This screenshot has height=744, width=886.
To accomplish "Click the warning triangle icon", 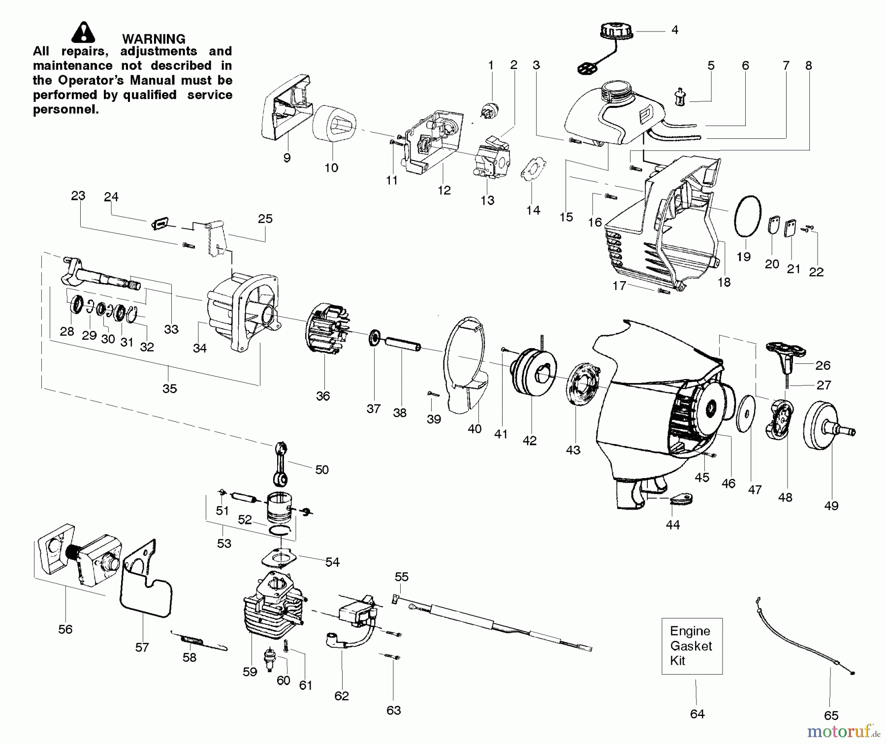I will coord(83,32).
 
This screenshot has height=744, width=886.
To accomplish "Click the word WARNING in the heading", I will coord(154,39).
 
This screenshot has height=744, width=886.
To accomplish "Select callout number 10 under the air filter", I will coord(331,168).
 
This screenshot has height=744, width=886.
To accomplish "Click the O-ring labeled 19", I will coord(748,216).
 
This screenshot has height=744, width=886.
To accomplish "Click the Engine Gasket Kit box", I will coord(692,646).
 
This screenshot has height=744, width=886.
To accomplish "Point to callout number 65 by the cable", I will coord(831,715).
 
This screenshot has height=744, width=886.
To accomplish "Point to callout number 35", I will coord(169,388).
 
